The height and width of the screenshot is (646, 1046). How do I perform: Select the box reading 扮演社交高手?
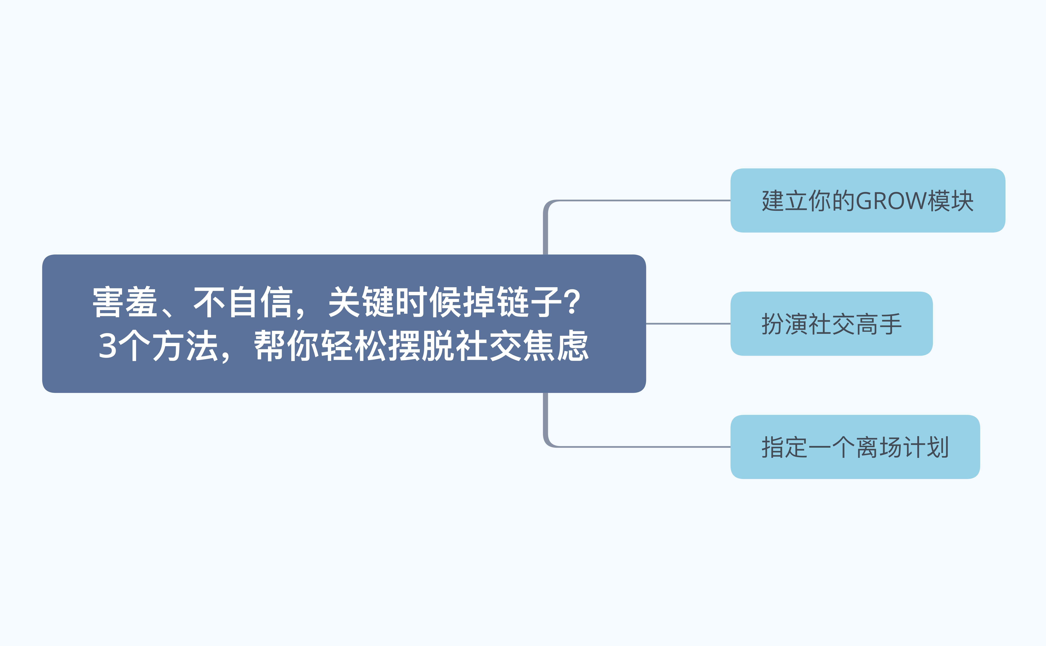(831, 324)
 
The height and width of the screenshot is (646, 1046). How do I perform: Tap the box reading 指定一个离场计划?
(855, 447)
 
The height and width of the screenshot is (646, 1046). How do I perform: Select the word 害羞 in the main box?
(125, 302)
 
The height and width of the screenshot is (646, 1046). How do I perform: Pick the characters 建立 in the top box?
(785, 201)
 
